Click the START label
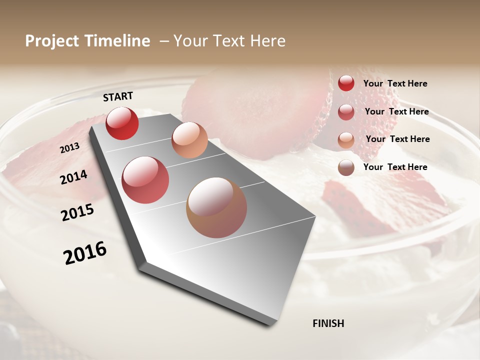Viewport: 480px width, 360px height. point(118,96)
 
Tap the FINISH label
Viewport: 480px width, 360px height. point(328,323)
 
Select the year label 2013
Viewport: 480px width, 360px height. point(69,148)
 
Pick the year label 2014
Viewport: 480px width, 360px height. point(73,177)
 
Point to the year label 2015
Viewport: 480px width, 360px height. point(77,212)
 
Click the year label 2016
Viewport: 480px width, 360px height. point(85,253)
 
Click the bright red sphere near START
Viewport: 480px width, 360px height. point(122,123)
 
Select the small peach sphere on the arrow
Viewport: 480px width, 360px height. point(189,140)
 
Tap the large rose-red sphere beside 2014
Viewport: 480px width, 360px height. point(145,180)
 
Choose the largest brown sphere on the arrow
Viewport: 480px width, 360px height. point(216,207)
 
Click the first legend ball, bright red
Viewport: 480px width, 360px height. point(346,83)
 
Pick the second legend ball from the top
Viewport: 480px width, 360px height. point(346,112)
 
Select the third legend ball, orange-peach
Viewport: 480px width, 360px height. point(346,139)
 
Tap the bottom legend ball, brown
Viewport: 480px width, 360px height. point(346,167)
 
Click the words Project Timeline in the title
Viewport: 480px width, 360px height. point(87,41)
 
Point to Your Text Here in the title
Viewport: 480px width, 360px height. point(229,41)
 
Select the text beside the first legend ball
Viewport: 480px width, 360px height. point(395,83)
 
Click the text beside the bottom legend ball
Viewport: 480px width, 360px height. point(395,167)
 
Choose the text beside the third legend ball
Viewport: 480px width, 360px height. point(397,139)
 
